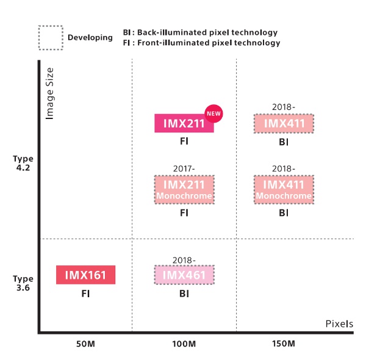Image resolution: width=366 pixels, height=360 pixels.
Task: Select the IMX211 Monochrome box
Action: [184, 189]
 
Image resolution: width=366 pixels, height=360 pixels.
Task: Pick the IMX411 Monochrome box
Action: [284, 189]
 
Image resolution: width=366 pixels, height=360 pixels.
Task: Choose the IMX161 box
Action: [85, 275]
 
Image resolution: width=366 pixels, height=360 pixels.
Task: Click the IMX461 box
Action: [184, 275]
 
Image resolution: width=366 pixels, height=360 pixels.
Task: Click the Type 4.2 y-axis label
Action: [23, 163]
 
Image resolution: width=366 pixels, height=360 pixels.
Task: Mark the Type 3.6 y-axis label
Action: [23, 283]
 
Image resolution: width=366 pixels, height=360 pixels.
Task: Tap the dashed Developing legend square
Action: [50, 37]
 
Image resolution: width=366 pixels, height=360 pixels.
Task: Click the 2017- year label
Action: [184, 168]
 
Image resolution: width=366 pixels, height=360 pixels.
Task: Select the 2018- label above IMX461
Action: [184, 259]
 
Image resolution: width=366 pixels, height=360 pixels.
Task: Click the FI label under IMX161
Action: [85, 293]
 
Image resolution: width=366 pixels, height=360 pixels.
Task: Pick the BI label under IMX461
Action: [184, 293]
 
